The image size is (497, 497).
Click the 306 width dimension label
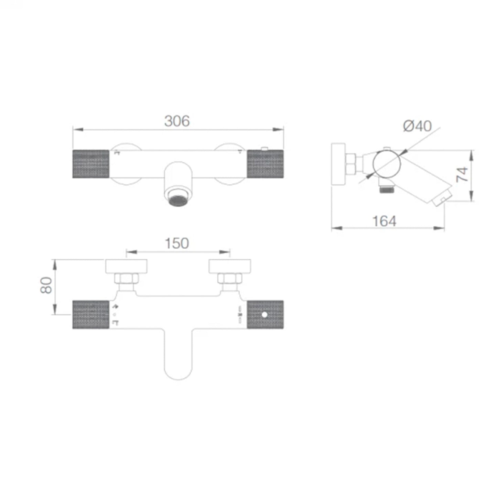[177, 121]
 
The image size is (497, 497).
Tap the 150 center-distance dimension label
[177, 243]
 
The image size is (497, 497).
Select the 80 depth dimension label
[46, 285]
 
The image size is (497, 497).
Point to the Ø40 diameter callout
[417, 126]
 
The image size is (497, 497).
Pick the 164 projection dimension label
[384, 221]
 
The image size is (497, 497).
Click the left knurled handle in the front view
[91, 164]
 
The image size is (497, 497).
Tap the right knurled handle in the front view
[266, 164]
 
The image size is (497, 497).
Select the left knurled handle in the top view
[91, 314]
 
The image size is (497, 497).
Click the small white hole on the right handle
[264, 315]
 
